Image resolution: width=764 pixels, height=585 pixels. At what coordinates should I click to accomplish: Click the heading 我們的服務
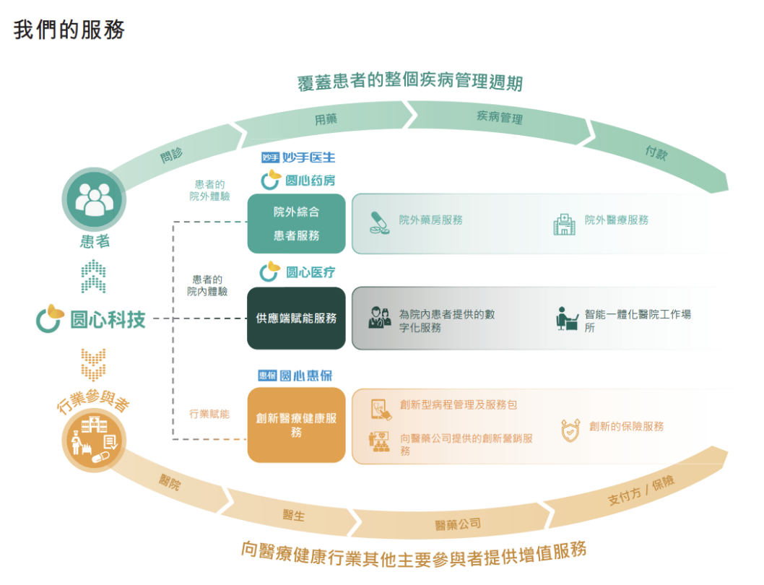(69, 30)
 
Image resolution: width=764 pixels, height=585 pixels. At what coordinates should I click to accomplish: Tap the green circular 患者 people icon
(94, 199)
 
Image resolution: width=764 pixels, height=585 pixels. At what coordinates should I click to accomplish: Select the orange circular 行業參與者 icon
(94, 441)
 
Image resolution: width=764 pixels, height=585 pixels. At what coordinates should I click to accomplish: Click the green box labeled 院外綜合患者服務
(296, 224)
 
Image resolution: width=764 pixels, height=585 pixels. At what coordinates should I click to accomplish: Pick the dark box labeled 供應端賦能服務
(296, 318)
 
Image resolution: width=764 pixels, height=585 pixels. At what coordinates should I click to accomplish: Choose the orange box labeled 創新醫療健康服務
(296, 425)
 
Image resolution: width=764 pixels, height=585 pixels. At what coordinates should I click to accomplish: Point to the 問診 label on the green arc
(172, 155)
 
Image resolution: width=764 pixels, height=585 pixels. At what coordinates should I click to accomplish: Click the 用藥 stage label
(326, 119)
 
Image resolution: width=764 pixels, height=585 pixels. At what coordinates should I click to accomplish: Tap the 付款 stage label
(656, 152)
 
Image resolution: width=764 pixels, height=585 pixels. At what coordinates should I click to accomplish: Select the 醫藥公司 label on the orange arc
(458, 524)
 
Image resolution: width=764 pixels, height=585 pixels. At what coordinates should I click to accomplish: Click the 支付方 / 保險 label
(641, 490)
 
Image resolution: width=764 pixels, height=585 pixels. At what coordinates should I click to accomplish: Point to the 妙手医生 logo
(298, 157)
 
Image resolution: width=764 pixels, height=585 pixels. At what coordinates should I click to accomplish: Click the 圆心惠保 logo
(295, 376)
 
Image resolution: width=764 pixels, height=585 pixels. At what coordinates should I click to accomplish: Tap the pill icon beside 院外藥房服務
(379, 223)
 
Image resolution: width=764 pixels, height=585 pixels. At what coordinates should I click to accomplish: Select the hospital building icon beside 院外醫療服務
(564, 224)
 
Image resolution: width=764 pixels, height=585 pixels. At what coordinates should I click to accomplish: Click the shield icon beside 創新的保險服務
(570, 430)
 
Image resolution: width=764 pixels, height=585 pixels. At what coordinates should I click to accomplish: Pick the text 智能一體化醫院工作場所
(638, 321)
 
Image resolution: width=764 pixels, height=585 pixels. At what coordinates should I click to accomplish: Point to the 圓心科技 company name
(108, 320)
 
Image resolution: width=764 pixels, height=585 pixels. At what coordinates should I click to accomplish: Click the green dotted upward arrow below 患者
(94, 277)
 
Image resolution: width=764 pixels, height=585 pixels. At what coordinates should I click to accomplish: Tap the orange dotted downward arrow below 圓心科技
(94, 365)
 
